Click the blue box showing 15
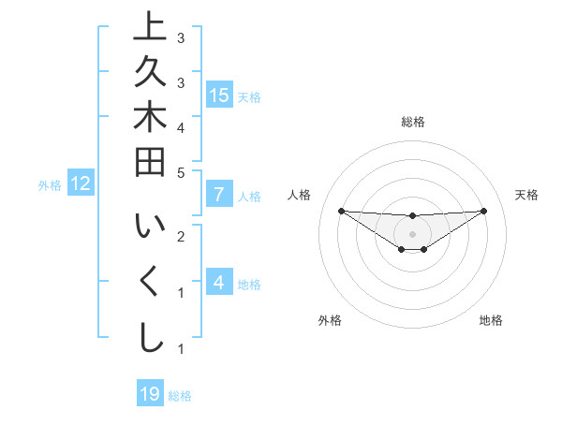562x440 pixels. (219, 95)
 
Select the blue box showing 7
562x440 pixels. (219, 195)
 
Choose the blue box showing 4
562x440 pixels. (219, 282)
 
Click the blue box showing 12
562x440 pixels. (81, 183)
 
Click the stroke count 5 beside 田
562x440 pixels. (181, 172)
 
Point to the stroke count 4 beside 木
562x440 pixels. (181, 126)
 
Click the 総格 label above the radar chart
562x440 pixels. (412, 122)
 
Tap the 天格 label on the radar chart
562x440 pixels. (526, 195)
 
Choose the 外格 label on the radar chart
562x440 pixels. (330, 320)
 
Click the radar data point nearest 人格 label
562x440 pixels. (341, 211)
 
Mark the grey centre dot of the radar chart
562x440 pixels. (412, 233)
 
